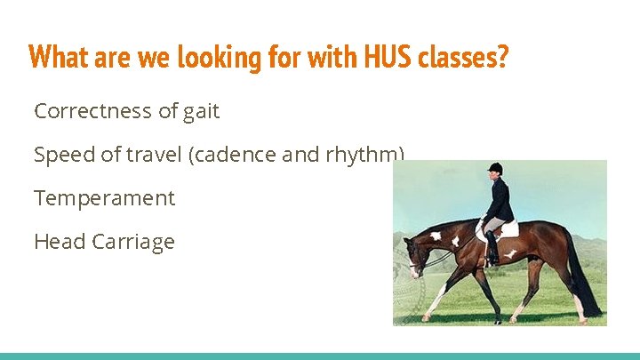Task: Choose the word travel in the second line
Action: [154, 155]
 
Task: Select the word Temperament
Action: [104, 198]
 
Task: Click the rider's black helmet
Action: [495, 168]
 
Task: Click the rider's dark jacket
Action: [499, 199]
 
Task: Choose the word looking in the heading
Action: [215, 58]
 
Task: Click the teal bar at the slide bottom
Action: [320, 356]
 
